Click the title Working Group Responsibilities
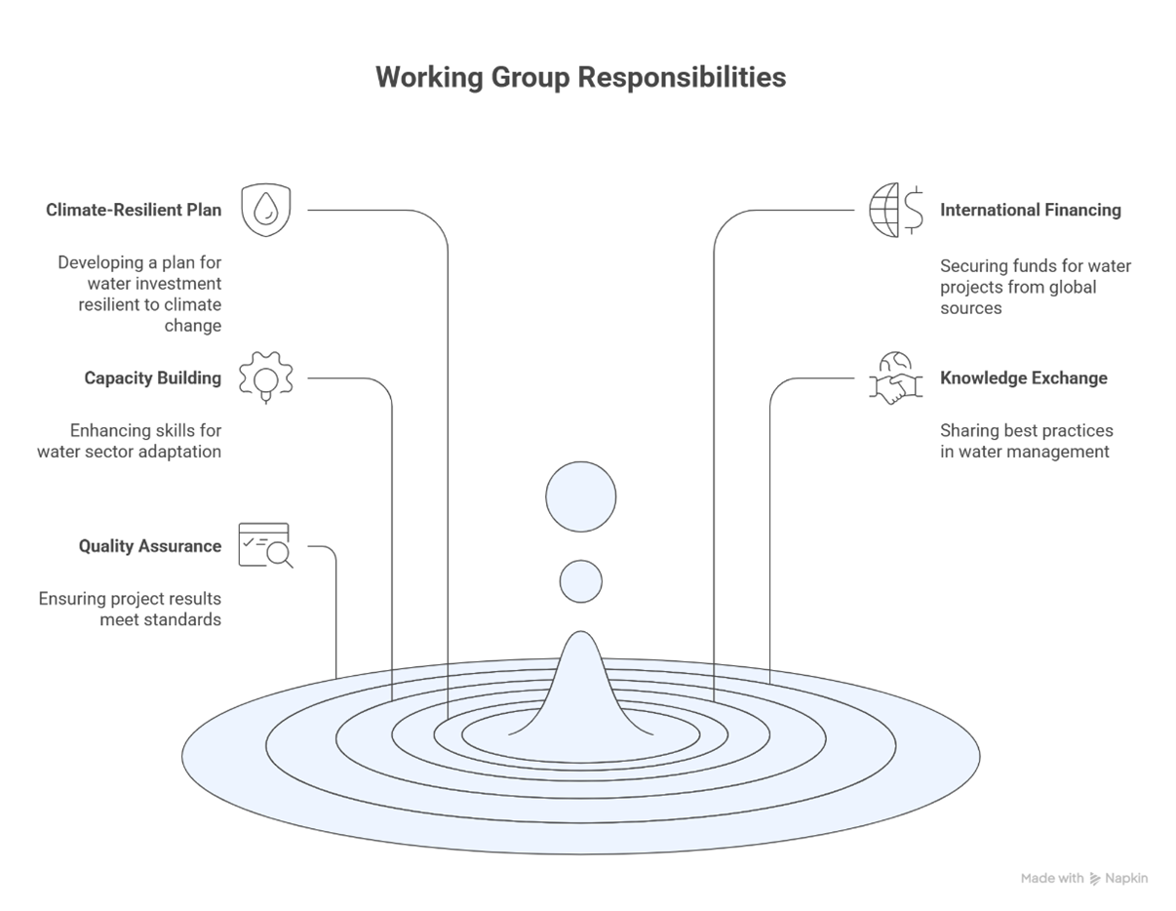point(580,78)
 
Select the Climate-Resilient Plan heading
point(134,210)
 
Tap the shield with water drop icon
point(265,210)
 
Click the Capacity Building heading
point(152,378)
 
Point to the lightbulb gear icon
point(265,376)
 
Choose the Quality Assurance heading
point(150,546)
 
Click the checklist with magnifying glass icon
point(265,545)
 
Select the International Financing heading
point(1030,210)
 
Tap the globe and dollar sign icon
point(896,210)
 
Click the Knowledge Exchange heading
point(1023,378)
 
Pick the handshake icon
point(894,379)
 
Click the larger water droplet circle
point(580,496)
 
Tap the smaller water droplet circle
point(580,581)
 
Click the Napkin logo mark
point(1095,879)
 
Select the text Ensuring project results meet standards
point(130,610)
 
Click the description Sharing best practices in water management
point(1026,441)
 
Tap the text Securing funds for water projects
point(1035,287)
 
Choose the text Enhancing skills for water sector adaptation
point(130,441)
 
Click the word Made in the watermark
point(1039,879)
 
